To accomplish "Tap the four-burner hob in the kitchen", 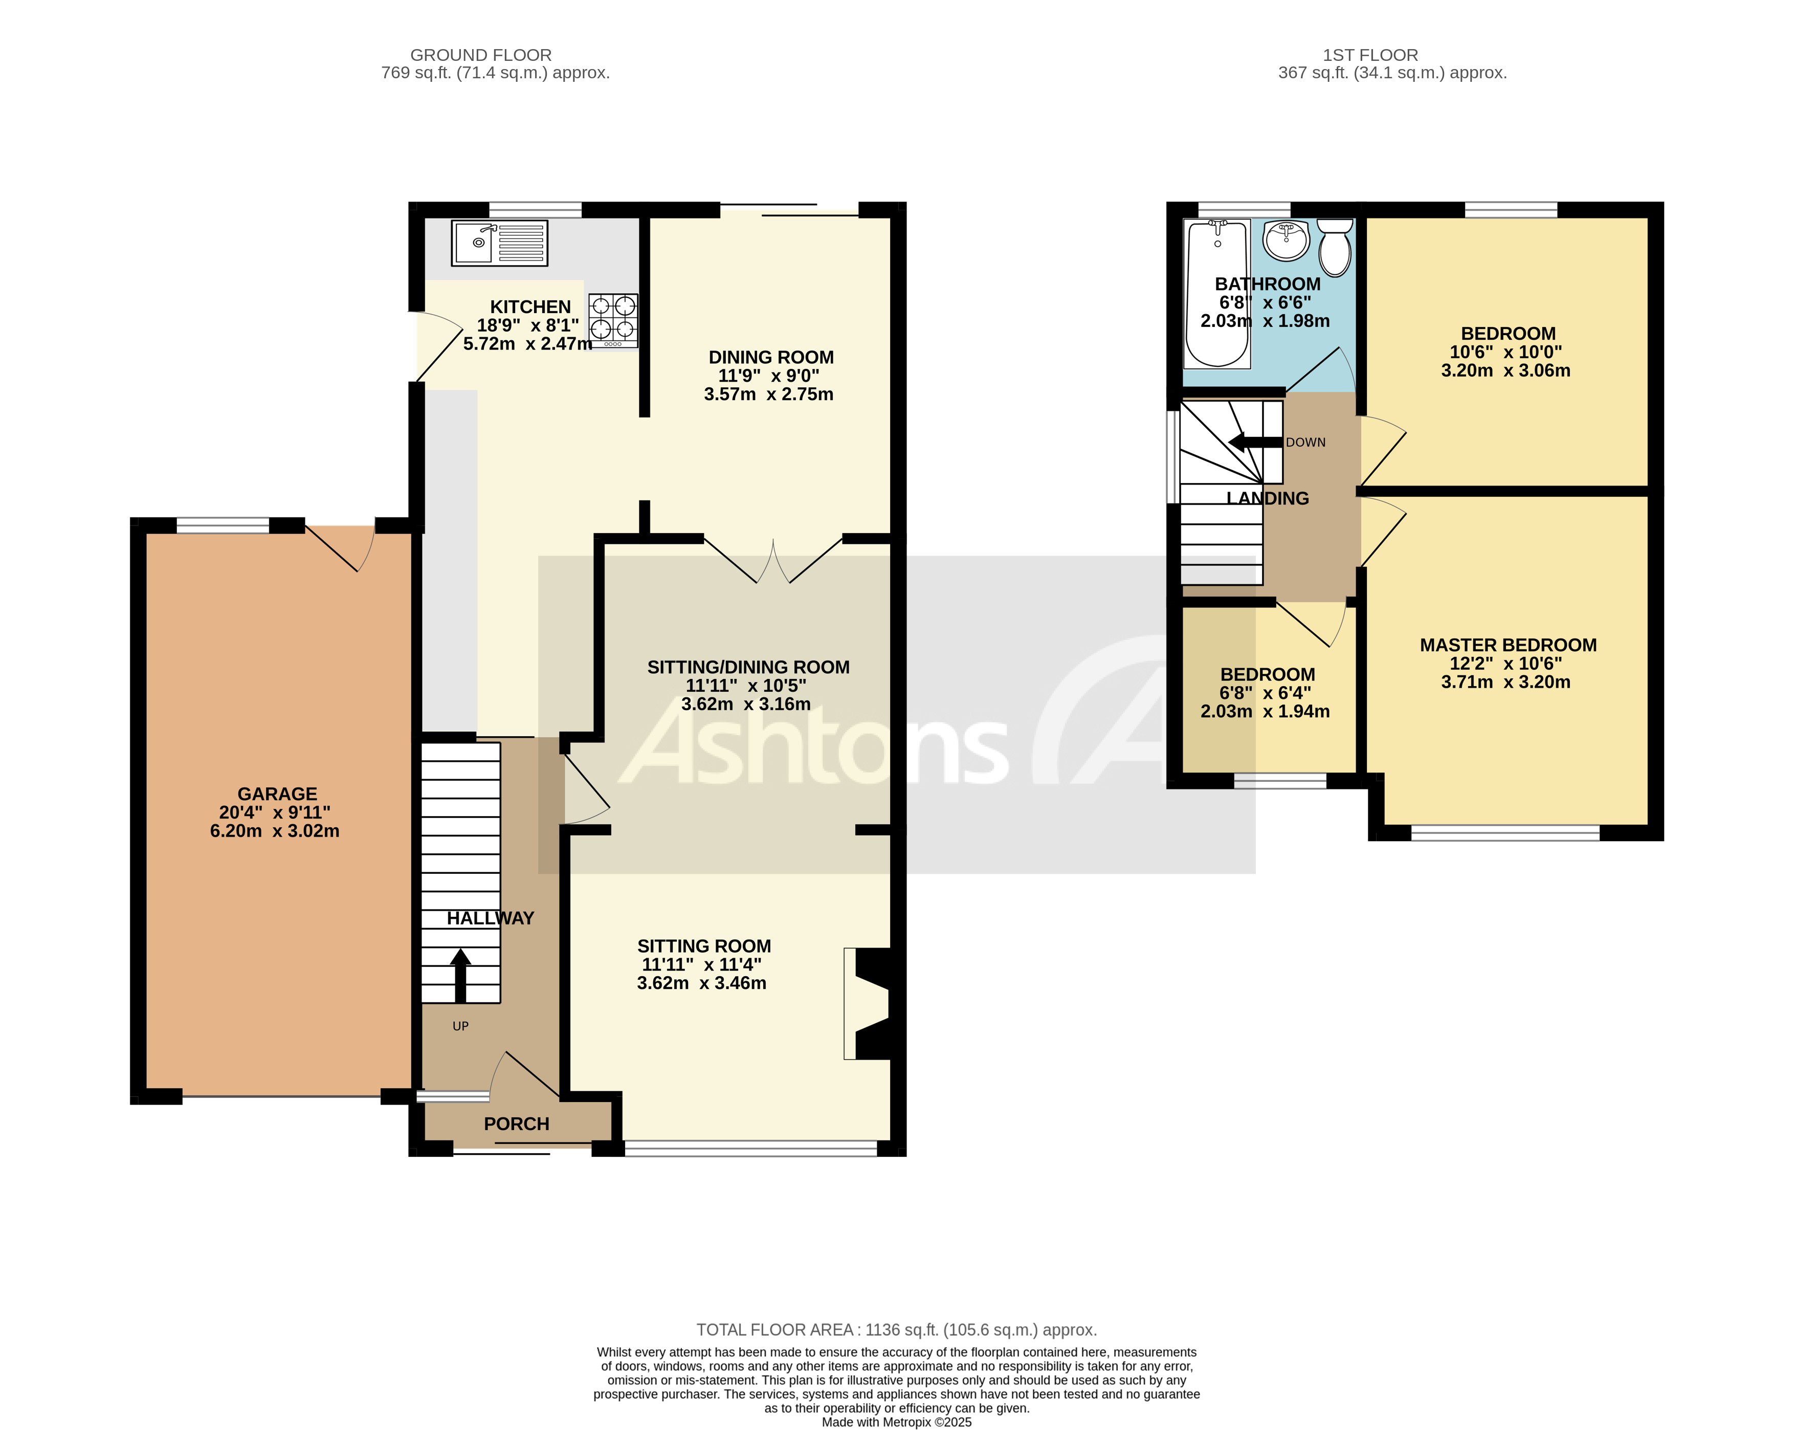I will pos(613,320).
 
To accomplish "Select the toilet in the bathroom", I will pos(1335,247).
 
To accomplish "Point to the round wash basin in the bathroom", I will pos(1286,241).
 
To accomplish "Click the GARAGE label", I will pos(277,794).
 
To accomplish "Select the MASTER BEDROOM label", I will pos(1507,645).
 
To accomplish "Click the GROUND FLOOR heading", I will pos(480,55).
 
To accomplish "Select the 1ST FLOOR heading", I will pos(1369,55).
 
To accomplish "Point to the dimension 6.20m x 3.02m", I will pos(275,831).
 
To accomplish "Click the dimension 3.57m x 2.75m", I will pos(768,394).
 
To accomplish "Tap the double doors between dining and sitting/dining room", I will pos(773,559).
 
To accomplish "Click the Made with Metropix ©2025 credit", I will pos(896,1422).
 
